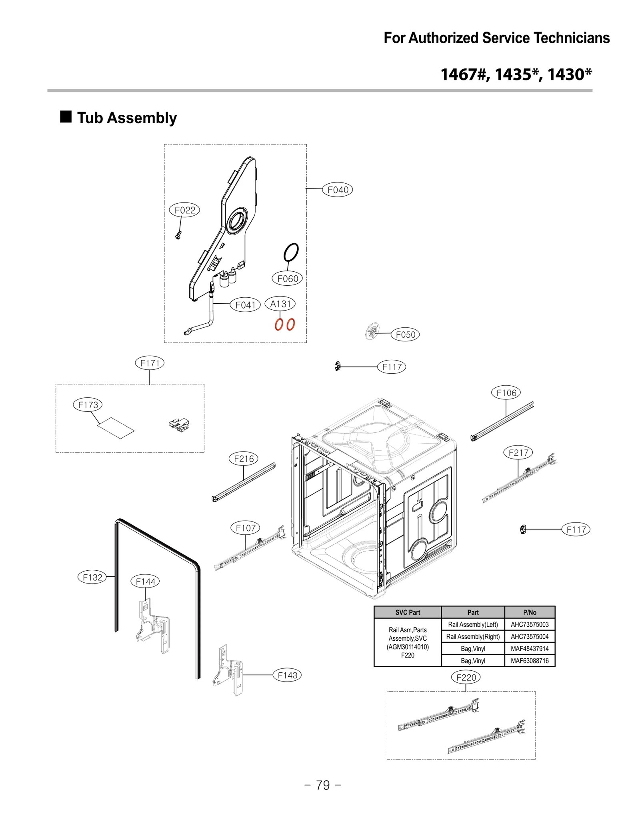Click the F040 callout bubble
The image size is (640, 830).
(x=337, y=190)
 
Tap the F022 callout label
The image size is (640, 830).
(x=184, y=210)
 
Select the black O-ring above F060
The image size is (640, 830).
(x=291, y=253)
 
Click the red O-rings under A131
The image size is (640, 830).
(x=284, y=324)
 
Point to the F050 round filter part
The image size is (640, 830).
(x=372, y=331)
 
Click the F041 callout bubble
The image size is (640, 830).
(x=245, y=305)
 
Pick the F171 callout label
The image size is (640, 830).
(x=150, y=363)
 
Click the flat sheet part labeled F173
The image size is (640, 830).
(x=116, y=428)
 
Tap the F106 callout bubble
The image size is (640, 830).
(x=506, y=393)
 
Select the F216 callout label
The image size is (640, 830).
(x=243, y=459)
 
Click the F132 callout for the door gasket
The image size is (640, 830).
(x=92, y=577)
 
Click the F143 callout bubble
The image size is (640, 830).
(x=287, y=675)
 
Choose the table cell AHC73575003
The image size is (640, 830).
(x=529, y=624)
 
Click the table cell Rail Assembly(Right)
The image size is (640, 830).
(x=473, y=636)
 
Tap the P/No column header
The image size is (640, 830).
(x=529, y=612)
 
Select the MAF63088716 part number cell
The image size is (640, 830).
(x=529, y=661)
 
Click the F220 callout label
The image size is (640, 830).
(x=466, y=678)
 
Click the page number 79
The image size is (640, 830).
(x=323, y=785)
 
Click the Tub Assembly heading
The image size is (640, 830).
(x=127, y=118)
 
